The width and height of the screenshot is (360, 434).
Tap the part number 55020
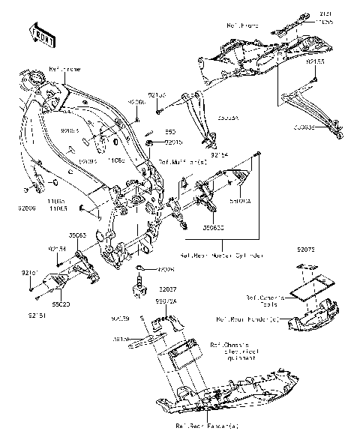[x=61, y=306]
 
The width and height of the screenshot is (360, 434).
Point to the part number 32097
[x=167, y=289]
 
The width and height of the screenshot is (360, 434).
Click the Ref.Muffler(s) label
[x=181, y=161]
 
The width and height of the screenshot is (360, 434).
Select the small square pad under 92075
[x=304, y=268]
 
